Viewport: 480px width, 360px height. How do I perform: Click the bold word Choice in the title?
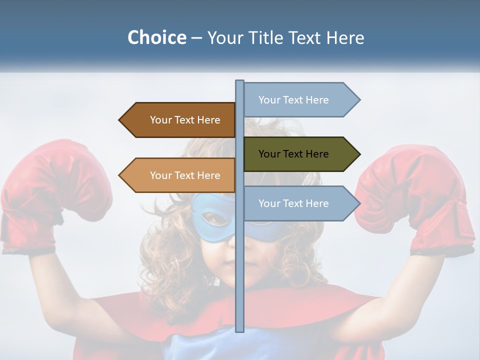[156, 37]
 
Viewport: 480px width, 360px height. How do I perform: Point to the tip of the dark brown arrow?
[120, 120]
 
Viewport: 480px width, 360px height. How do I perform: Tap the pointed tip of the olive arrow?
[359, 154]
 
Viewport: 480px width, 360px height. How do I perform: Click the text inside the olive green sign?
[293, 154]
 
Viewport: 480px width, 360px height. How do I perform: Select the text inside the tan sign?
[185, 175]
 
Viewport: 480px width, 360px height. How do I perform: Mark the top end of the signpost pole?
[239, 81]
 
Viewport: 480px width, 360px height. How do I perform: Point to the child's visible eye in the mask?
[215, 218]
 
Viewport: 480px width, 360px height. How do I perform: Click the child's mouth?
[227, 264]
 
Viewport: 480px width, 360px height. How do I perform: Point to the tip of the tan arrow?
[120, 175]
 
